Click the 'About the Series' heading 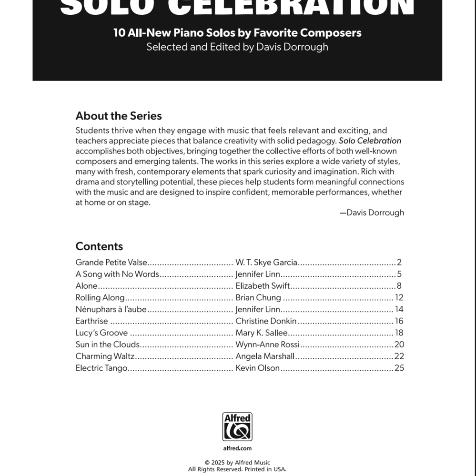[119, 116]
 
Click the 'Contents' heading [99, 246]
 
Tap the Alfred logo [237, 427]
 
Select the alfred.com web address [237, 448]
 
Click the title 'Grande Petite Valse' [111, 263]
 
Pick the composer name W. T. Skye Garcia [266, 263]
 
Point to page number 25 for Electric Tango [399, 368]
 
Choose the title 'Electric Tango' [101, 368]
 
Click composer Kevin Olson [257, 368]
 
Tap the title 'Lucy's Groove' [101, 333]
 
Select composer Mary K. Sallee [262, 333]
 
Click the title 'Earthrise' [91, 321]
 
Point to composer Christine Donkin [266, 321]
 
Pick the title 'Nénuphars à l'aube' [111, 309]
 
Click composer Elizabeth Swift [263, 286]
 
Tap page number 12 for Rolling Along [399, 298]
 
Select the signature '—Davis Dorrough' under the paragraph [372, 213]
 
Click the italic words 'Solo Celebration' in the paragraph [370, 141]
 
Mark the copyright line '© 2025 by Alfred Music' [237, 463]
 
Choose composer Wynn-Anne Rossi [267, 344]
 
